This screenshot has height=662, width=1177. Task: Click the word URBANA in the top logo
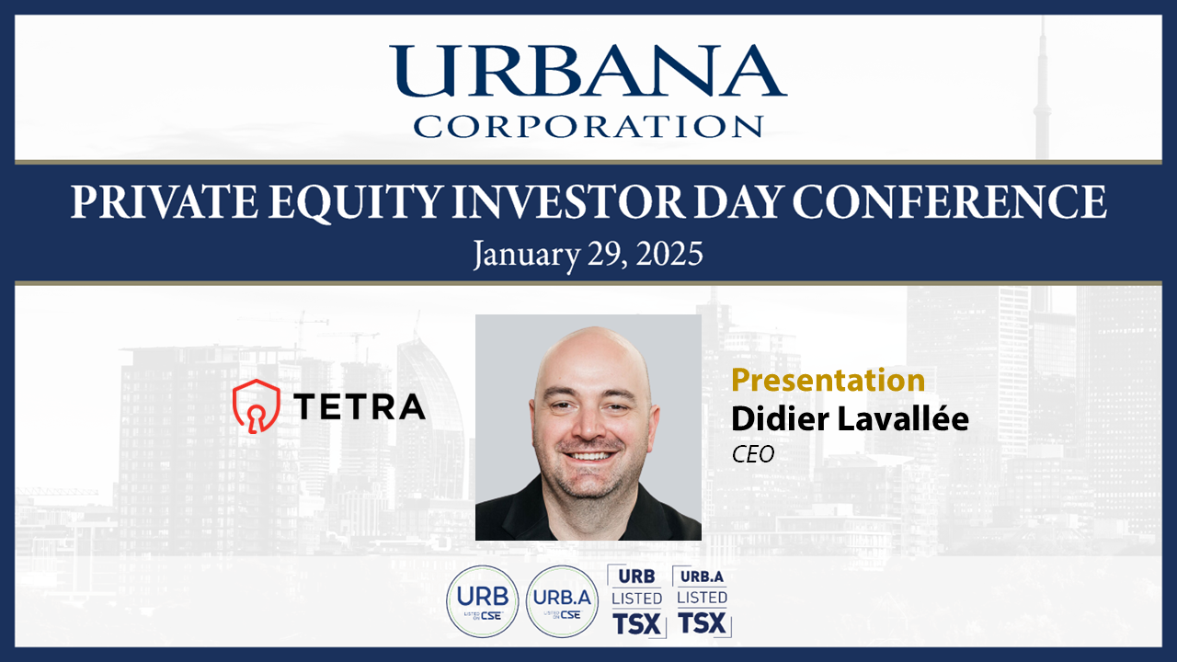pos(588,71)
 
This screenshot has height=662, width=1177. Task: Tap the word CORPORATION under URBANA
pos(588,126)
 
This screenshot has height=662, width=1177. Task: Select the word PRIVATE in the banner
pos(164,201)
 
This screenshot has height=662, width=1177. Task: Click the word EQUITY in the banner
pos(354,203)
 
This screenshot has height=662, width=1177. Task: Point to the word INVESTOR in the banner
pos(568,201)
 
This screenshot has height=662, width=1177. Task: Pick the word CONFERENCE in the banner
pos(949,201)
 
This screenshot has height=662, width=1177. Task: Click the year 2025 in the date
pos(668,255)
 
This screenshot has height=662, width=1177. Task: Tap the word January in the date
pos(527,256)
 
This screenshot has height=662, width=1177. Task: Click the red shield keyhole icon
pos(257,406)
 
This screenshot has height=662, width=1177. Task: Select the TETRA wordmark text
pos(360,406)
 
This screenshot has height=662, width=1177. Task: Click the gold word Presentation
pos(828,380)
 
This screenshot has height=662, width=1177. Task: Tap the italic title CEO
pos(753,454)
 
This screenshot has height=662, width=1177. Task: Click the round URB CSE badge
pos(483,601)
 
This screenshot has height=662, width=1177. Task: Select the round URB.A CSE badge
pos(562,601)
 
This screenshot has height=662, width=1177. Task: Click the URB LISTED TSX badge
pos(637,601)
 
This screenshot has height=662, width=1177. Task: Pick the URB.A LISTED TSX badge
pos(702,601)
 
